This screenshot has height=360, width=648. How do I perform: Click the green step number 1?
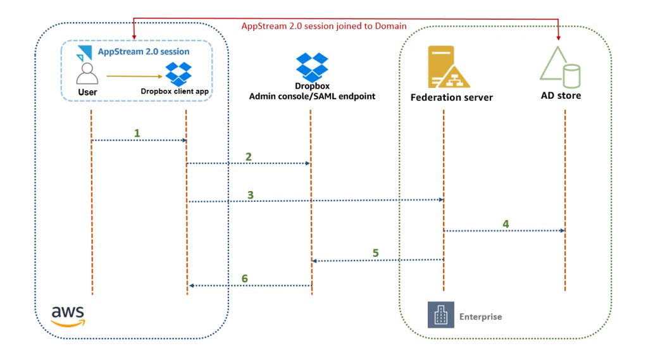tap(137, 133)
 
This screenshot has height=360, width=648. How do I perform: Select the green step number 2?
tap(249, 156)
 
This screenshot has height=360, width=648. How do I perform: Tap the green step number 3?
tap(251, 195)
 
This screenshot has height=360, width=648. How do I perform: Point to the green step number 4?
tap(505, 223)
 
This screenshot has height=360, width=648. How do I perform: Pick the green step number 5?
tap(375, 253)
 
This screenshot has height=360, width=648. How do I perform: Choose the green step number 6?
tap(244, 278)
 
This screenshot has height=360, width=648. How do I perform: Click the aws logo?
tap(69, 315)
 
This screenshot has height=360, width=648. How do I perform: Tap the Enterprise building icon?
tap(440, 315)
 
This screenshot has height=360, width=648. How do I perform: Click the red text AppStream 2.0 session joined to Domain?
tap(324, 26)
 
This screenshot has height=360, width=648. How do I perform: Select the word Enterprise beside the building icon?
tap(480, 316)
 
